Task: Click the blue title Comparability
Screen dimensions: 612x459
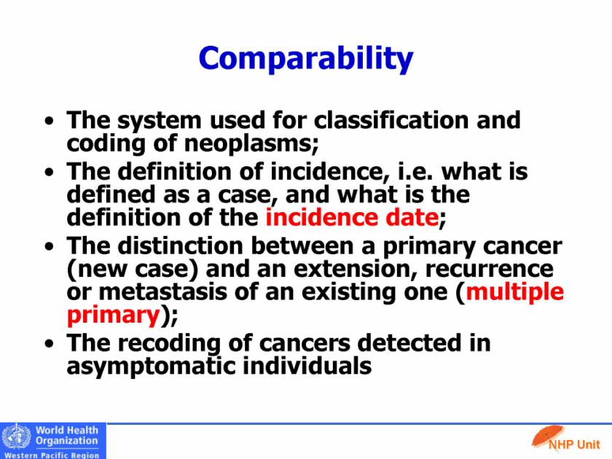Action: (305, 58)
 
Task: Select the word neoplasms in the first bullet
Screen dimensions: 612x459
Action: (251, 144)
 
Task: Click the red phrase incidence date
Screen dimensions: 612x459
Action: (352, 217)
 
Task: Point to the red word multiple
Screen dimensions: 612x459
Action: (515, 292)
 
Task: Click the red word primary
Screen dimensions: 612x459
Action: (114, 315)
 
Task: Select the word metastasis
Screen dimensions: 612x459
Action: (162, 292)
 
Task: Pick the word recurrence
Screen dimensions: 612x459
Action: (490, 270)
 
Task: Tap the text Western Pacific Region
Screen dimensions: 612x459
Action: (52, 455)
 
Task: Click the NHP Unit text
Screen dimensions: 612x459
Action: (574, 444)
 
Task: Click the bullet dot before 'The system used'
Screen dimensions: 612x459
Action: (49, 121)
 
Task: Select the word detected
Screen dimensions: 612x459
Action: (408, 343)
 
